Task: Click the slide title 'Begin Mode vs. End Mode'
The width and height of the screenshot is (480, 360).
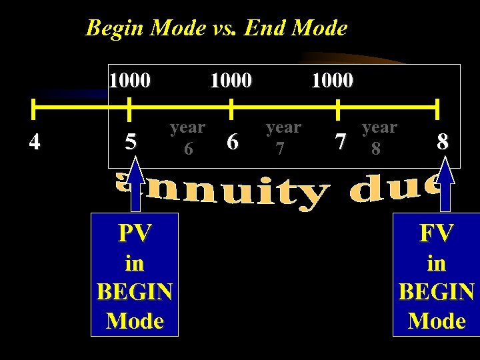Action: click(217, 28)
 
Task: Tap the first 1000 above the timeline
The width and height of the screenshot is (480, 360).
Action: click(130, 81)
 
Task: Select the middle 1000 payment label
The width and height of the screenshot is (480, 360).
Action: click(231, 81)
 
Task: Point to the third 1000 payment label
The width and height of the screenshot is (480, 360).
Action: click(332, 81)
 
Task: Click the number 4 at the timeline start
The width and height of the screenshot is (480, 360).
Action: click(34, 141)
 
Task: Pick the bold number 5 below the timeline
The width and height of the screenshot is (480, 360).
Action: click(131, 141)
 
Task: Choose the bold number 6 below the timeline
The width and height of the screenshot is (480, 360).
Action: click(232, 141)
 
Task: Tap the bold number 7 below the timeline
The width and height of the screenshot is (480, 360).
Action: click(341, 141)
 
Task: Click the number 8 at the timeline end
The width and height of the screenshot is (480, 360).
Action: click(443, 141)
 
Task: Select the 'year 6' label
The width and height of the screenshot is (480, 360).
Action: click(187, 137)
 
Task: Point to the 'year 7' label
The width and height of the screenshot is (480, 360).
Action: click(283, 137)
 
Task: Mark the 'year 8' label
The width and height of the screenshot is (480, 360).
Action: click(378, 137)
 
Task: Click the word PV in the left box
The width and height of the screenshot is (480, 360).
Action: click(135, 233)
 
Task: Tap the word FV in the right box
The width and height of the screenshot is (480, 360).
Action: click(437, 233)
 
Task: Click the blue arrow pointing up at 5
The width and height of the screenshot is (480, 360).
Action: click(136, 183)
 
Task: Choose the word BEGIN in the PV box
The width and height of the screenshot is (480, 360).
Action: click(135, 292)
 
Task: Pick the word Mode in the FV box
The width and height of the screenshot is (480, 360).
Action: click(437, 321)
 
